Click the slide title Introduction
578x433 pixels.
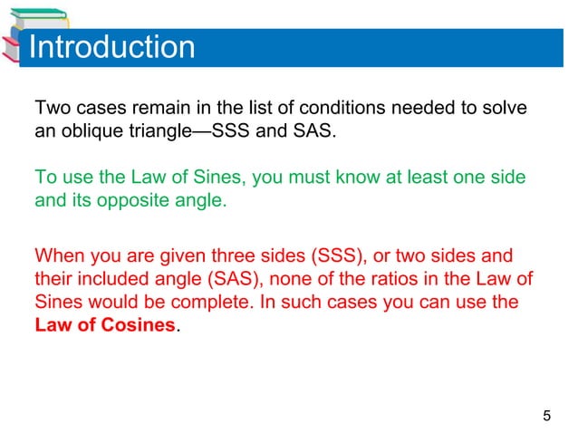pyautogui.click(x=111, y=47)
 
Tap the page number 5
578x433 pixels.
pyautogui.click(x=545, y=417)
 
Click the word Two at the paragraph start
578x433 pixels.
pyautogui.click(x=52, y=109)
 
